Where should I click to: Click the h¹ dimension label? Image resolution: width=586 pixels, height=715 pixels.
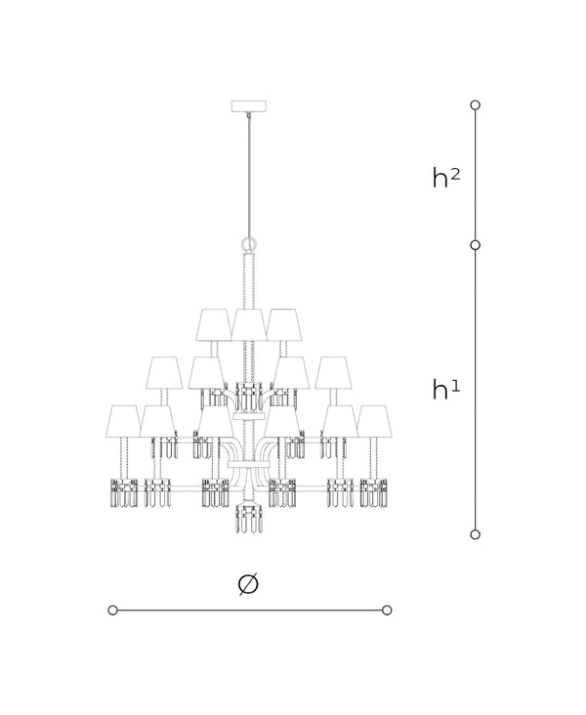click(446, 390)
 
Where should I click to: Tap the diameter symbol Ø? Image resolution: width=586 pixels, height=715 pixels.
click(248, 583)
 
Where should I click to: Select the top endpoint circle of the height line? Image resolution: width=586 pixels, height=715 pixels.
click(476, 105)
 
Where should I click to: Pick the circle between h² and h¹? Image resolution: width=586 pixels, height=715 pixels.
click(476, 245)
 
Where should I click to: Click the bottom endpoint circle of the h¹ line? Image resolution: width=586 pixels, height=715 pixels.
click(476, 534)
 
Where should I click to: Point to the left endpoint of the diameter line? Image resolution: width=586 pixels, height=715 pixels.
click(113, 610)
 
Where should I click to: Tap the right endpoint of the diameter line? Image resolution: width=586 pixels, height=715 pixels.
click(387, 610)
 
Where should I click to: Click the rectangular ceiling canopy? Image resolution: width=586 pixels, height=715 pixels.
click(248, 106)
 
